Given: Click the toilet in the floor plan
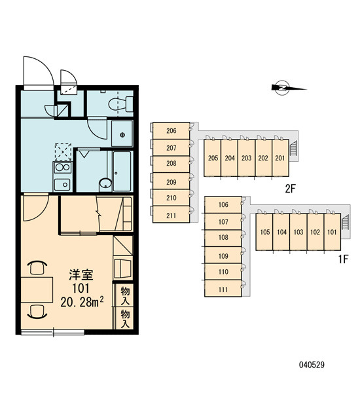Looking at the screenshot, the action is [121, 103].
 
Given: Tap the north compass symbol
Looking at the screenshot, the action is [289, 88].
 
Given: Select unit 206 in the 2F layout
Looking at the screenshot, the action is [171, 131].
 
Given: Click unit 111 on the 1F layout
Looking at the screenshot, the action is [223, 289].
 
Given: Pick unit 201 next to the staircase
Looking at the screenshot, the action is [280, 158].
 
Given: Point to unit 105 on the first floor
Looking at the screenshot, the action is [264, 232].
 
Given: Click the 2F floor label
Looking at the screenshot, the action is [291, 189].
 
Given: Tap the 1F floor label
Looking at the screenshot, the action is [344, 259].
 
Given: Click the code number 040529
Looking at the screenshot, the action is [312, 365].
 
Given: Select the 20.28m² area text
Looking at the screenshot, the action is [82, 302].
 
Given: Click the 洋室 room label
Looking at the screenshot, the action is [81, 274].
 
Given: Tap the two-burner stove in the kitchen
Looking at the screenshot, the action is [62, 167].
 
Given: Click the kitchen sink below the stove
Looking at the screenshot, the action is [62, 185].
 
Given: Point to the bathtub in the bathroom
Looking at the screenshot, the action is [122, 172].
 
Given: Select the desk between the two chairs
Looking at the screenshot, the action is [37, 290].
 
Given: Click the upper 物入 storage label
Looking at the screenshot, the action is [125, 295].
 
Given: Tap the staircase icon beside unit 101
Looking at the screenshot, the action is [346, 222].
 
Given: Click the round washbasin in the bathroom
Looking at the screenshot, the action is [105, 183].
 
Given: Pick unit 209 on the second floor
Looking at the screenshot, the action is [171, 182].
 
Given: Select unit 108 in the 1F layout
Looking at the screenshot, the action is [223, 237].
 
